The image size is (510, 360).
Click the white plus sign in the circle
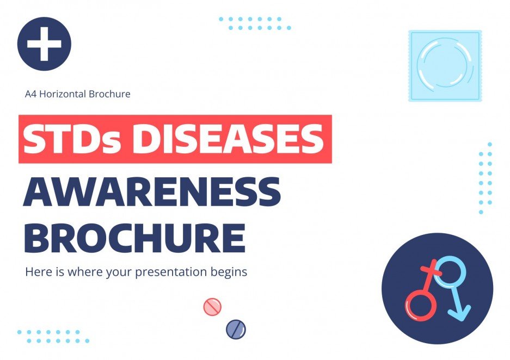pos(44,44)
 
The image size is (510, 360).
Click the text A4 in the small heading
pos(31,94)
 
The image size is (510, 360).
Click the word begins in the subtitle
pos(230,271)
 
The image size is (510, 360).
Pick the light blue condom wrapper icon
pos(445,65)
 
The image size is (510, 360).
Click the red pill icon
pos(212,307)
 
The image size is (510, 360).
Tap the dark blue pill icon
pos(236,328)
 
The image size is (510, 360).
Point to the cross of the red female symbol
pos(431,270)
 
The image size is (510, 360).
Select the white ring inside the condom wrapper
pos(445,65)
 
